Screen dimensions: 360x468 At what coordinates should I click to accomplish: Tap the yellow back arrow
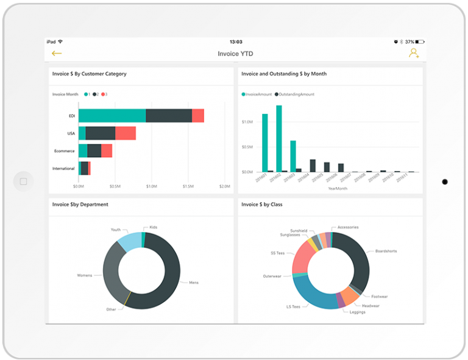57,54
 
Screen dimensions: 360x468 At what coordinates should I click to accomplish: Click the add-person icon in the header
414,54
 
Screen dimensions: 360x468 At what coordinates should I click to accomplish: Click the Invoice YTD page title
235,54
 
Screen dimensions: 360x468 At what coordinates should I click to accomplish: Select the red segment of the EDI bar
197,116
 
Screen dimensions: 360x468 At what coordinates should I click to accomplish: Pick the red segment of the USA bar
125,133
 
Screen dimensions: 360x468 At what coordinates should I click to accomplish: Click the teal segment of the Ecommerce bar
83,150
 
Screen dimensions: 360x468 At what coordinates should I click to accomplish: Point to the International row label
63,168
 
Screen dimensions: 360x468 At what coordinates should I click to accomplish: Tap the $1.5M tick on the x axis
188,186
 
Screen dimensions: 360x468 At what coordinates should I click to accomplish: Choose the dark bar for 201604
313,166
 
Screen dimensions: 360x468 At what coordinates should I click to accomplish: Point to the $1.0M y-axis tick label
247,122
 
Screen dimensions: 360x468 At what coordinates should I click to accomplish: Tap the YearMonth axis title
338,189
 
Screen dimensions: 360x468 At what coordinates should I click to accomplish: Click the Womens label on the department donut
85,275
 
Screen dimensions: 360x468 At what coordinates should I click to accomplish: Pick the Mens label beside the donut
194,283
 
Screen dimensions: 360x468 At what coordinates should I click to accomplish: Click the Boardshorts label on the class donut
386,250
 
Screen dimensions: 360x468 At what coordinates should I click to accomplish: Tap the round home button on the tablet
24,181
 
